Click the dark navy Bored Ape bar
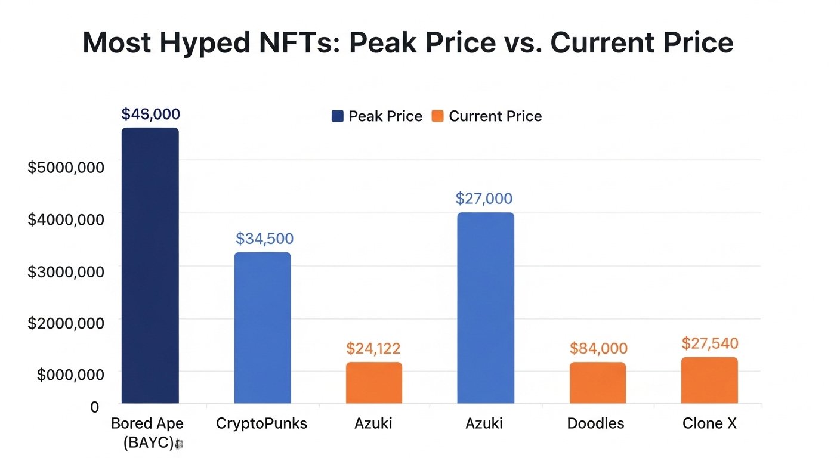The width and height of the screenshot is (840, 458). point(150,265)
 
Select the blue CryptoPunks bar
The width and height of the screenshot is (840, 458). point(262,328)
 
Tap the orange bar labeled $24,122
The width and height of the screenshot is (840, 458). point(374,383)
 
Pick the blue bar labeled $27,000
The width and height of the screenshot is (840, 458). point(485,308)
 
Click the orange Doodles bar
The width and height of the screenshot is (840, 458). point(597,383)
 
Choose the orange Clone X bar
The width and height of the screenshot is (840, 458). point(709,380)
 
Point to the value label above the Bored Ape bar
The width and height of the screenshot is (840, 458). point(150,114)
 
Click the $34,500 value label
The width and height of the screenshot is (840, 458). point(264,239)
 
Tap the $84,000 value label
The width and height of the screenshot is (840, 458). point(598,348)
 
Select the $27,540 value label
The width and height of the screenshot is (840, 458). point(710,343)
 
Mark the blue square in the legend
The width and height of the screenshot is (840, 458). point(338,116)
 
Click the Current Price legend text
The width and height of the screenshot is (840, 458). point(495,116)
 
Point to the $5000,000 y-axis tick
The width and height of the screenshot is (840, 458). point(66,167)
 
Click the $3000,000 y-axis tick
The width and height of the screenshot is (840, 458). point(66,271)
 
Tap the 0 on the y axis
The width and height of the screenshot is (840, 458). point(94,407)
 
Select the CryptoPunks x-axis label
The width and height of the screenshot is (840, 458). point(261,423)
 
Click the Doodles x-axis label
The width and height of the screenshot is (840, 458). point(595,423)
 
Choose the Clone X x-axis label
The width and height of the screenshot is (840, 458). point(709,423)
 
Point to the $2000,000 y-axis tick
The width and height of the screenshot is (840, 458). point(66,323)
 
